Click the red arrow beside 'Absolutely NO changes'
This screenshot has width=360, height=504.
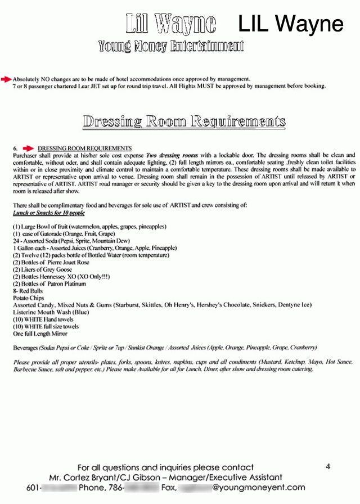6,79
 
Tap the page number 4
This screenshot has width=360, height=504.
328,466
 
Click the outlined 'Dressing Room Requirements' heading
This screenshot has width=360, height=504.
183,121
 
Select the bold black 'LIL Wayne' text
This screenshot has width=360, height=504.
290,24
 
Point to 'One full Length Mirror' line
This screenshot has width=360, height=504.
40,334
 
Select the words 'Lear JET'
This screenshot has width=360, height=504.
96,86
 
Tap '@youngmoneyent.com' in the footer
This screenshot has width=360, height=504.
259,488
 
